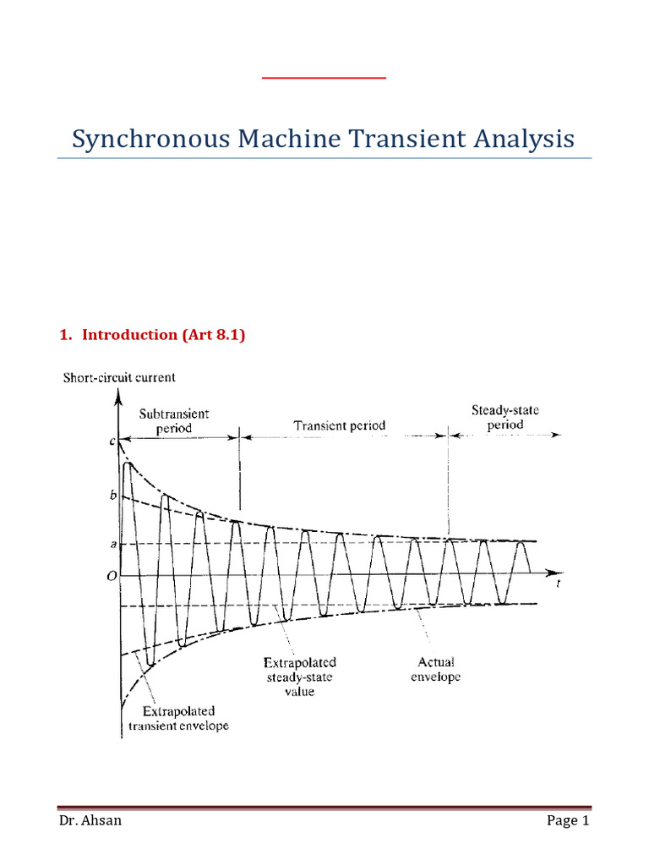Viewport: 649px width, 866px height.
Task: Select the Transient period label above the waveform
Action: point(340,425)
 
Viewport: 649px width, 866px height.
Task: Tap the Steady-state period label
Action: point(504,417)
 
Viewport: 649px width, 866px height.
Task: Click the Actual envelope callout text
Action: point(436,670)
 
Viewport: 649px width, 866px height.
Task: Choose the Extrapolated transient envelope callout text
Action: point(178,718)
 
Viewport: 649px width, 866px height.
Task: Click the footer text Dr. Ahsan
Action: point(90,820)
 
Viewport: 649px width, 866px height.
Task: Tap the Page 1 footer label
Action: point(562,820)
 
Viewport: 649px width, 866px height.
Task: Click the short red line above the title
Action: point(324,78)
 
